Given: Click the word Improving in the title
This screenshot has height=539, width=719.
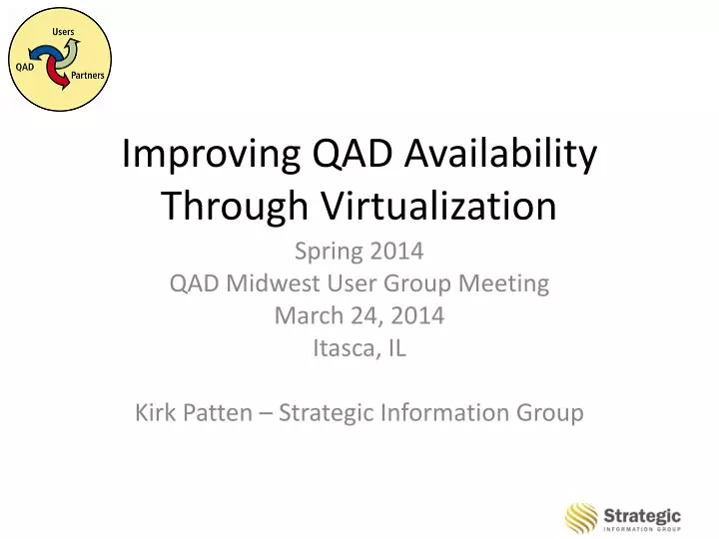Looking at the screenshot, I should tap(198, 155).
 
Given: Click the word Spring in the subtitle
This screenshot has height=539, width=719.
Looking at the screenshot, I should tap(327, 252).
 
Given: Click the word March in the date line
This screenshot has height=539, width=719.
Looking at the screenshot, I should tap(305, 316).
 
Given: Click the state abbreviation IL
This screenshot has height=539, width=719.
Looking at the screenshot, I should tap(396, 349).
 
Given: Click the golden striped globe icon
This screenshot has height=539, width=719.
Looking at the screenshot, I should tap(581, 518).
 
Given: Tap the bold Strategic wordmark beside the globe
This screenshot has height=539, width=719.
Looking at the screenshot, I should tap(642, 514).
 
